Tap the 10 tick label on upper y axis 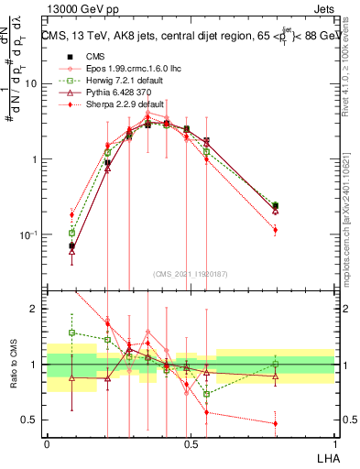pos(32,84)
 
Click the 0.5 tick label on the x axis pos(191,443)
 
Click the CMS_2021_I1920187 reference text pos(191,273)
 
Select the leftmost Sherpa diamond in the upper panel pos(72,215)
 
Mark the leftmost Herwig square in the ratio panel pos(72,333)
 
